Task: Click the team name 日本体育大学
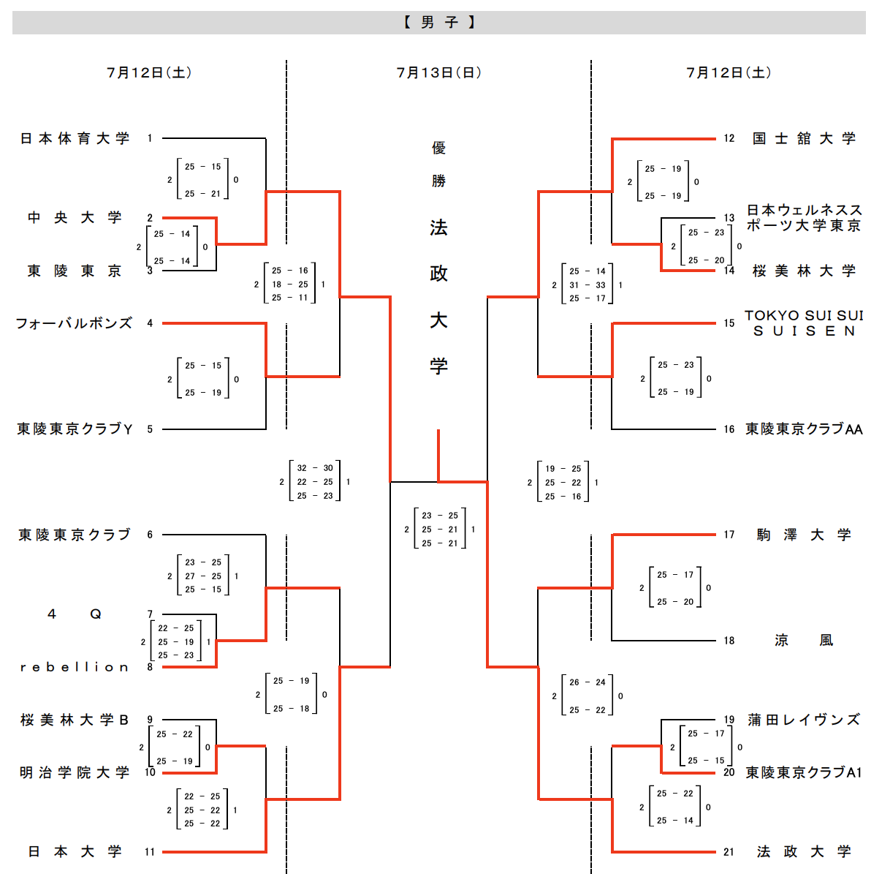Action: [75, 138]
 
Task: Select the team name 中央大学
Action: [75, 218]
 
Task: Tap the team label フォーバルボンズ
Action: [74, 323]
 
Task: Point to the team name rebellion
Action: [75, 667]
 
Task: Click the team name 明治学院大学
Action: [75, 772]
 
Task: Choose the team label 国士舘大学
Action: [804, 138]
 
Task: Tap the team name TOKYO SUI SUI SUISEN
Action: [804, 323]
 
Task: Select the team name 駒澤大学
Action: [804, 535]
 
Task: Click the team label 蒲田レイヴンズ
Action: [804, 720]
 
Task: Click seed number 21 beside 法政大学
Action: [729, 852]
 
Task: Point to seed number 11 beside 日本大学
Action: [150, 852]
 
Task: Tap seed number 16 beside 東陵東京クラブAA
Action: [729, 429]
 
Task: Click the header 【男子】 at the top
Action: [439, 23]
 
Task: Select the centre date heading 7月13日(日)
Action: [439, 72]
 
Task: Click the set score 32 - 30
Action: [315, 468]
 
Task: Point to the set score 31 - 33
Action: [588, 285]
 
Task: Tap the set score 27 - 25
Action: [203, 576]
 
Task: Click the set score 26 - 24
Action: [588, 682]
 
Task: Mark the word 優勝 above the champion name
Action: [438, 165]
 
